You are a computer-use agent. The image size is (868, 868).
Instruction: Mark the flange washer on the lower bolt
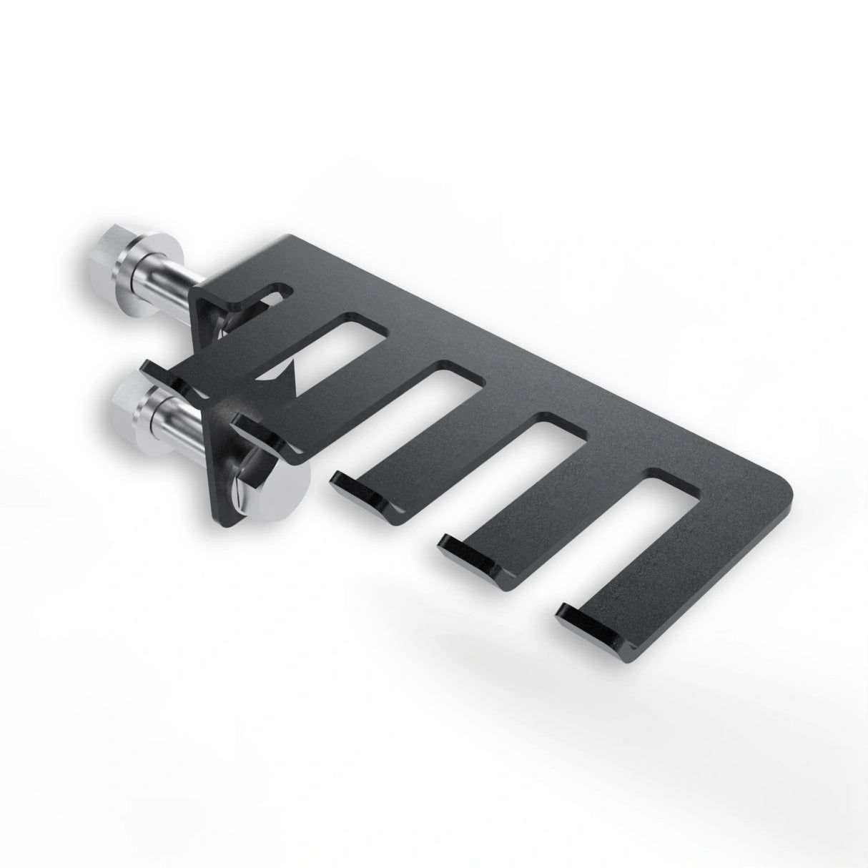click(x=153, y=415)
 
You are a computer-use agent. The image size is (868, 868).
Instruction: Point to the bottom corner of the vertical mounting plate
click(x=229, y=526)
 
